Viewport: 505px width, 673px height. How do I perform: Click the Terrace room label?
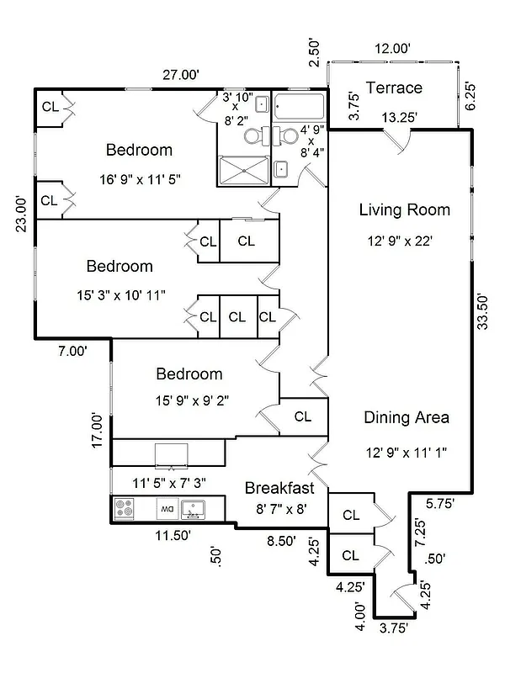point(394,88)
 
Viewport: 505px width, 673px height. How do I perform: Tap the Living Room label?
point(404,209)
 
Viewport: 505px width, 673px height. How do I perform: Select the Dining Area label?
point(406,417)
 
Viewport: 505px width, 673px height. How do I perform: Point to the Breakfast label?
point(279,488)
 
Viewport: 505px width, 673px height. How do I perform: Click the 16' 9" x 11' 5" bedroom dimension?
point(139,179)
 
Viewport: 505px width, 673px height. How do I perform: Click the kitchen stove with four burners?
point(125,508)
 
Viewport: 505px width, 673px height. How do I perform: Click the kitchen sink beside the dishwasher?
point(194,508)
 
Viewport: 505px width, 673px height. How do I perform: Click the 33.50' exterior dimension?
point(482,313)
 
